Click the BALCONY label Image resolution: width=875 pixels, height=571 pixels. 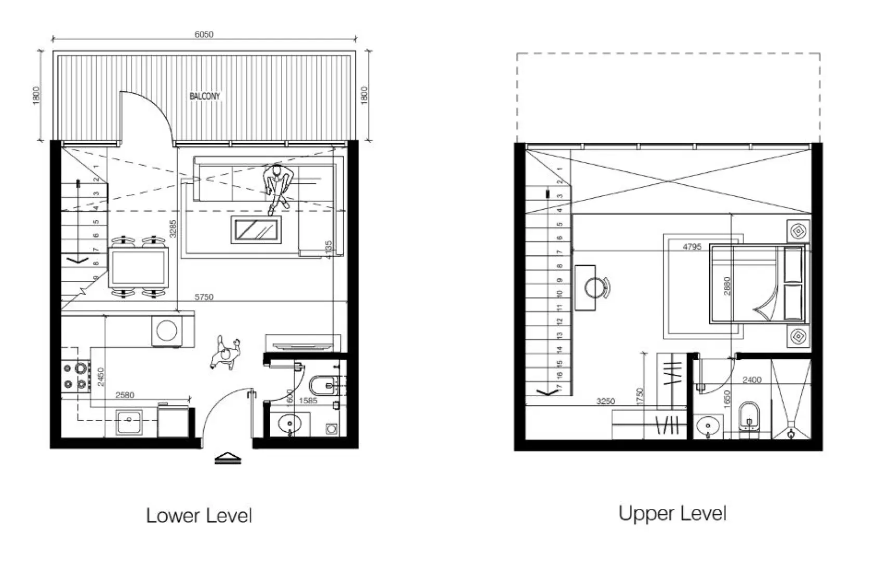[x=204, y=96]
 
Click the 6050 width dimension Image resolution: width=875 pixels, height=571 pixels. [x=204, y=34]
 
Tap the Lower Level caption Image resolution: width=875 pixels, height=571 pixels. [x=199, y=515]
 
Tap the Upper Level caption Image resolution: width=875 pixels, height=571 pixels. [x=672, y=513]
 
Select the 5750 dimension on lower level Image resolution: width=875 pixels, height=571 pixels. [x=204, y=297]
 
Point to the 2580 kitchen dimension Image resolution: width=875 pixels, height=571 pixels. [x=125, y=395]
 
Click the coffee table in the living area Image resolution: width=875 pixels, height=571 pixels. [x=257, y=230]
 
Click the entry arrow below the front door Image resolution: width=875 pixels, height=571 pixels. [x=228, y=458]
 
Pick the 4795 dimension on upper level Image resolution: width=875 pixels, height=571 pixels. [x=692, y=247]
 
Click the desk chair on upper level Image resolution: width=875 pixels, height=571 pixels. [x=596, y=286]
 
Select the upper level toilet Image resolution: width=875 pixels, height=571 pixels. [x=749, y=416]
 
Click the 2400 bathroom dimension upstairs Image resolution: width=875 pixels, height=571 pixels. [x=751, y=380]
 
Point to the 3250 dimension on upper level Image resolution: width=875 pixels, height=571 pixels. [x=605, y=401]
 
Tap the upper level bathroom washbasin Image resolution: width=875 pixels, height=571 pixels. [x=708, y=428]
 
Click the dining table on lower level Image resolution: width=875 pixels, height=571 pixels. [x=138, y=267]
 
